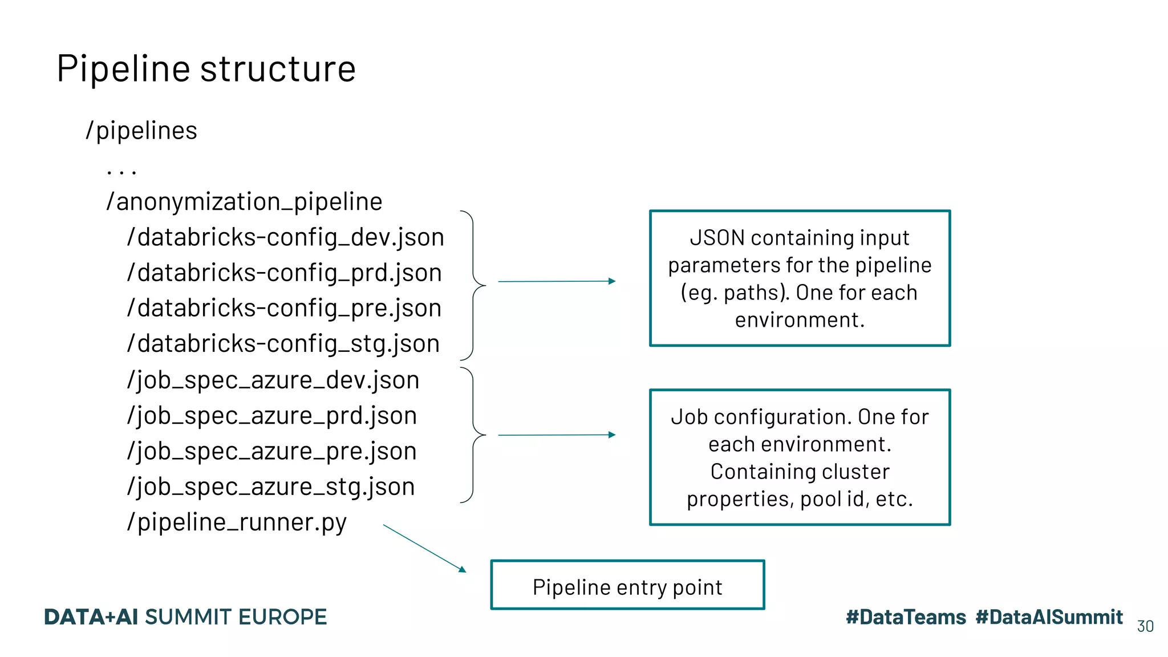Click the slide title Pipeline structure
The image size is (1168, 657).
(x=206, y=68)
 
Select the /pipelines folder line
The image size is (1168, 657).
(x=141, y=131)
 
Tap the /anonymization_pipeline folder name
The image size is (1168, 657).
(x=244, y=201)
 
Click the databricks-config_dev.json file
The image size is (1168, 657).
(x=285, y=237)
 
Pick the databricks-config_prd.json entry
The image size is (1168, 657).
(x=284, y=273)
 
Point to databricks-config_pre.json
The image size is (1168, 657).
(x=284, y=308)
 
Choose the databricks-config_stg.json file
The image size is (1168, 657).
(x=283, y=344)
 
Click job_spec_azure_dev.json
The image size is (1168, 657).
(x=273, y=380)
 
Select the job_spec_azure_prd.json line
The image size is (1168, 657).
(x=271, y=416)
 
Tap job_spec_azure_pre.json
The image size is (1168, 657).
(x=271, y=451)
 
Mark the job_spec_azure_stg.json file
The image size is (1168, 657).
(x=270, y=486)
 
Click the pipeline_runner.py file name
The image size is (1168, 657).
(x=236, y=522)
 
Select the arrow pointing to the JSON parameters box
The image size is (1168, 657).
(x=556, y=281)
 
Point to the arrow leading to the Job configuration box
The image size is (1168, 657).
(x=556, y=435)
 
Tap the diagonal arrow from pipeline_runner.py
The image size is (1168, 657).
(x=424, y=548)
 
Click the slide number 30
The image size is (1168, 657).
(x=1145, y=626)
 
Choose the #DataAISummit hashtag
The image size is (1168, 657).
(x=1049, y=617)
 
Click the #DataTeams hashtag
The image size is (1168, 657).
(x=906, y=617)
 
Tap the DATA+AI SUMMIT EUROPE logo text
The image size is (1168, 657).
(x=185, y=617)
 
